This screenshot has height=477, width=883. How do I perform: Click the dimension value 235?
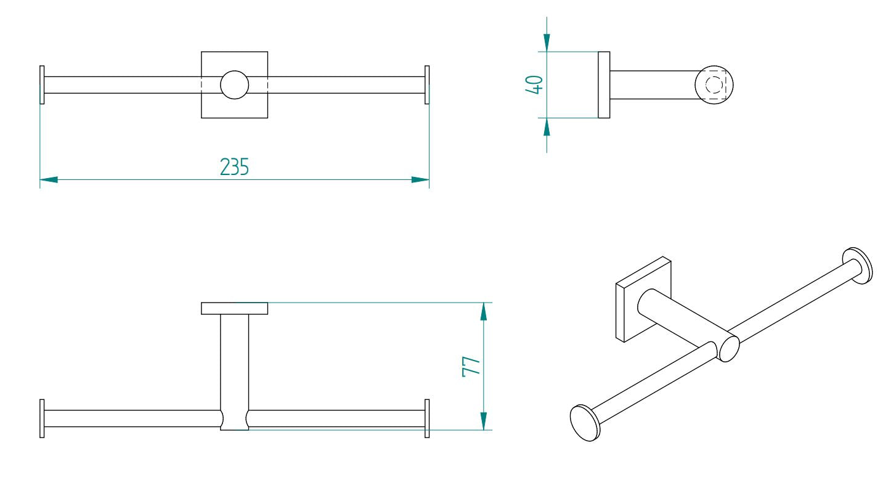[x=235, y=167]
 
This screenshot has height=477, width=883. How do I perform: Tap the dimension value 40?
[x=534, y=84]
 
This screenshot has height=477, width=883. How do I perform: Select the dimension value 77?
[x=471, y=365]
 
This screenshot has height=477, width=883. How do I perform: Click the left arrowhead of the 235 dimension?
[x=49, y=180]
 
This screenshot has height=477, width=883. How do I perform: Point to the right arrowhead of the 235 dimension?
[x=420, y=180]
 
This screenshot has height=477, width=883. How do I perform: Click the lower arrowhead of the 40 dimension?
[x=547, y=126]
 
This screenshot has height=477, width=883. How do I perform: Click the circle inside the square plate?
[x=235, y=85]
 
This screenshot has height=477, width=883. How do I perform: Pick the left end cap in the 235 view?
[x=42, y=85]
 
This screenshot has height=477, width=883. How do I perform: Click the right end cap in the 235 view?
[x=427, y=85]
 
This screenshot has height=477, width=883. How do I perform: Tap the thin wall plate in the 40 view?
[x=604, y=85]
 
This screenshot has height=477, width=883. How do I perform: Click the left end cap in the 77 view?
[x=42, y=418]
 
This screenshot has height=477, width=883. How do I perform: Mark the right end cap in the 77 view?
[x=427, y=418]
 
